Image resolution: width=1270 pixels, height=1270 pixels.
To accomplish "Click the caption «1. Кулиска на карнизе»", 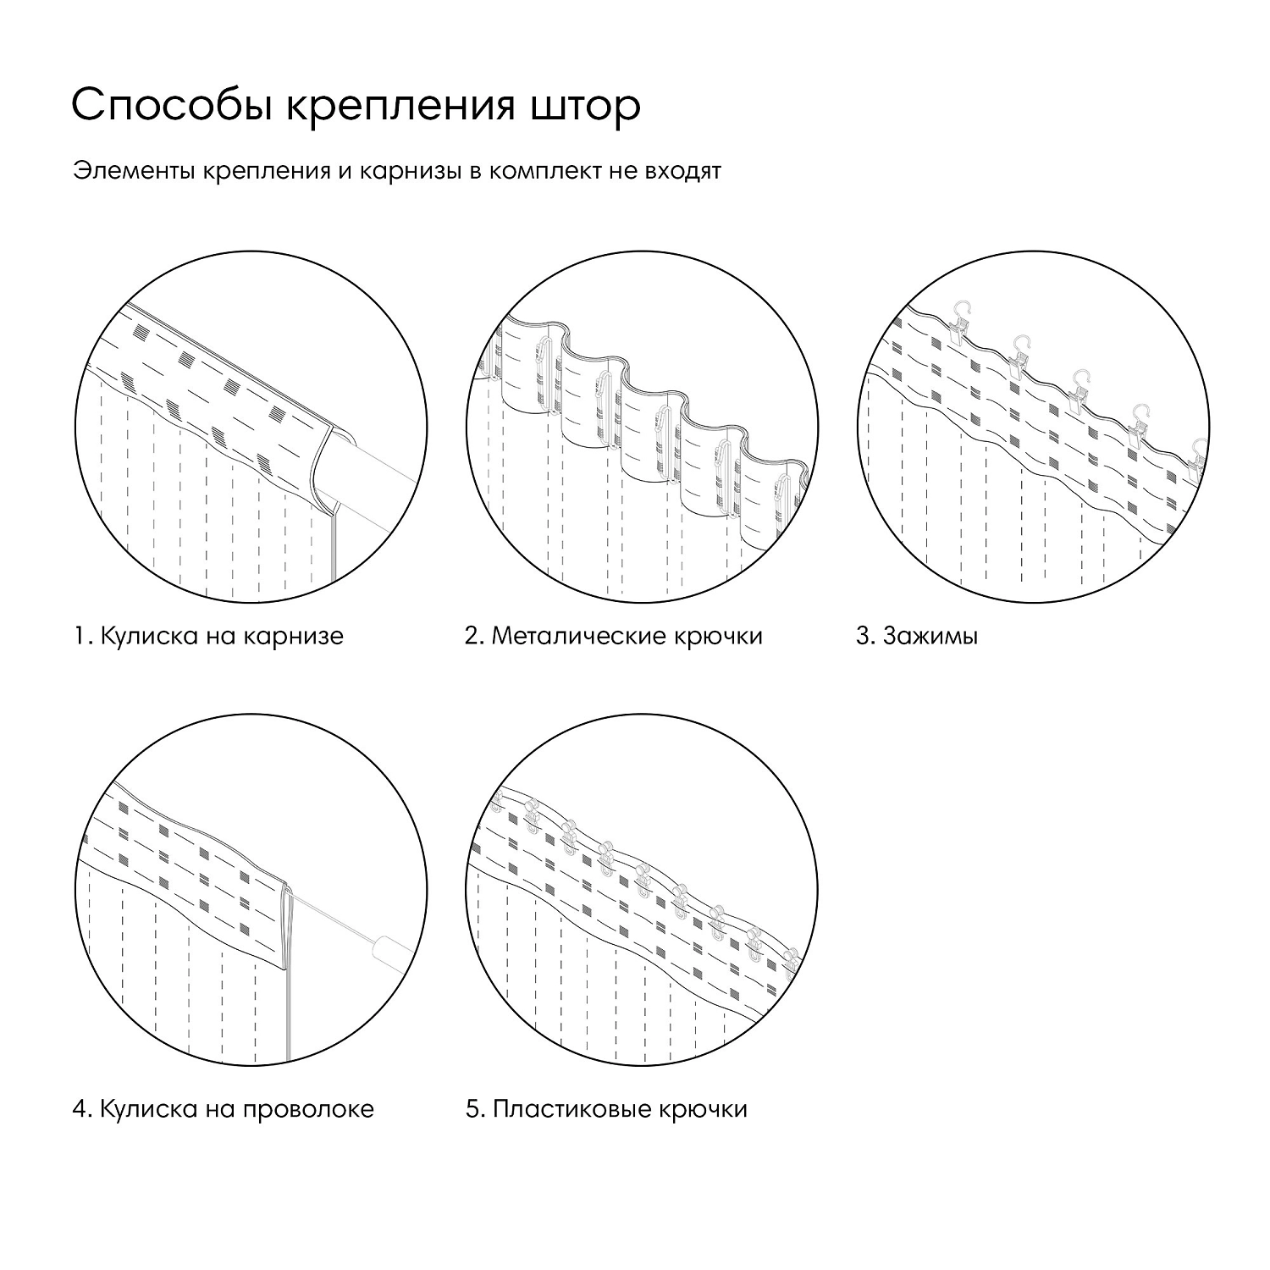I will [x=208, y=636].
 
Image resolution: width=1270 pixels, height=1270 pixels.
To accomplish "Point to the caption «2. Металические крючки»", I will [x=613, y=636].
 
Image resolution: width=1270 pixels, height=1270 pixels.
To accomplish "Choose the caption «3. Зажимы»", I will [x=916, y=636].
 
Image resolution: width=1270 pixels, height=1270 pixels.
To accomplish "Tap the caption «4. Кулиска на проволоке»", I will [x=223, y=1108].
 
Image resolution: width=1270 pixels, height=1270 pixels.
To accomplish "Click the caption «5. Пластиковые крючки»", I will [x=606, y=1108].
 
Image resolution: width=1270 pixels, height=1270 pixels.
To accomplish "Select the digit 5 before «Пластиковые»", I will [x=472, y=1108].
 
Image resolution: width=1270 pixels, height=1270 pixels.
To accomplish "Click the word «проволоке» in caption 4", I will [x=308, y=1108].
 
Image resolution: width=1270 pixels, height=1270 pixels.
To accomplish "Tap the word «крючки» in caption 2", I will [x=720, y=636].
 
